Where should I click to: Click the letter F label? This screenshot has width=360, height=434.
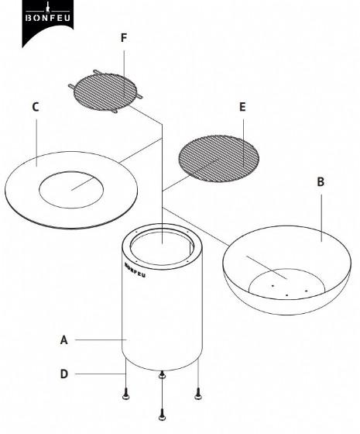coord(124,38)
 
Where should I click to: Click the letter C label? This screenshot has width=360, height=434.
coord(36,107)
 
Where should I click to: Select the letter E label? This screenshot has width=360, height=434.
coord(242,107)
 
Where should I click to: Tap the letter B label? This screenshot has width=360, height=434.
coord(321,182)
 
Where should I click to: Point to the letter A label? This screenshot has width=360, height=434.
coord(63,340)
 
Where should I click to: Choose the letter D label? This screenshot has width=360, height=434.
coord(63,374)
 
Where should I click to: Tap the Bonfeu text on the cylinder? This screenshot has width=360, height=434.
coord(135,270)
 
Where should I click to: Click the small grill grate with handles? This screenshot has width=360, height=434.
coord(105,91)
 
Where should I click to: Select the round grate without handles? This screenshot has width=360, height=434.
coord(218,159)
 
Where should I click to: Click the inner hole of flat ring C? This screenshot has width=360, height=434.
coord(71,190)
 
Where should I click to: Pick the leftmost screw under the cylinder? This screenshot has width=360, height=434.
coord(125,394)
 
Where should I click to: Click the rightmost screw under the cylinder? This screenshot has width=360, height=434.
coord(198,394)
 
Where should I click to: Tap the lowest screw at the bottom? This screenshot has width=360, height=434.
coord(162,415)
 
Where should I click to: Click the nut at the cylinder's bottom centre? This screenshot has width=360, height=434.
coord(162,375)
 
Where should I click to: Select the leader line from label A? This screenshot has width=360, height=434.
coord(101,339)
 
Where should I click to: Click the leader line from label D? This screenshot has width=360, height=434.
coord(101,374)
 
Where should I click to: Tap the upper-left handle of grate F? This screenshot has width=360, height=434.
coord(98,72)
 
